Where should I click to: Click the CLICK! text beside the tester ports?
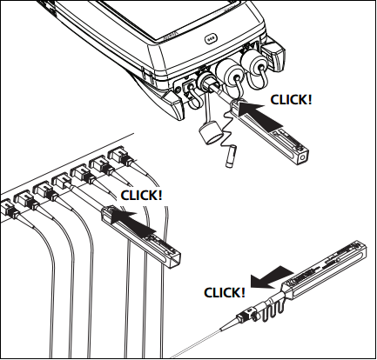(291, 99)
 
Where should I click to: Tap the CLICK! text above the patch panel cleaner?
(141, 195)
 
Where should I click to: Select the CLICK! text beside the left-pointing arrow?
(225, 292)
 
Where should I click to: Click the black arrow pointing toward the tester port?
(259, 115)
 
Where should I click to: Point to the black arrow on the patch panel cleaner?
(131, 221)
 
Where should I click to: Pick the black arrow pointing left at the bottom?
(272, 277)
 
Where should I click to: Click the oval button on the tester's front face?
(210, 39)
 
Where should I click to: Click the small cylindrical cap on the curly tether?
(230, 157)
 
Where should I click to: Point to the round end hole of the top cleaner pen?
(303, 157)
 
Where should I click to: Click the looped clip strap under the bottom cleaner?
(273, 311)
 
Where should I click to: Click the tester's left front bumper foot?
(172, 105)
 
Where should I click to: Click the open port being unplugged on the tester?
(205, 82)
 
